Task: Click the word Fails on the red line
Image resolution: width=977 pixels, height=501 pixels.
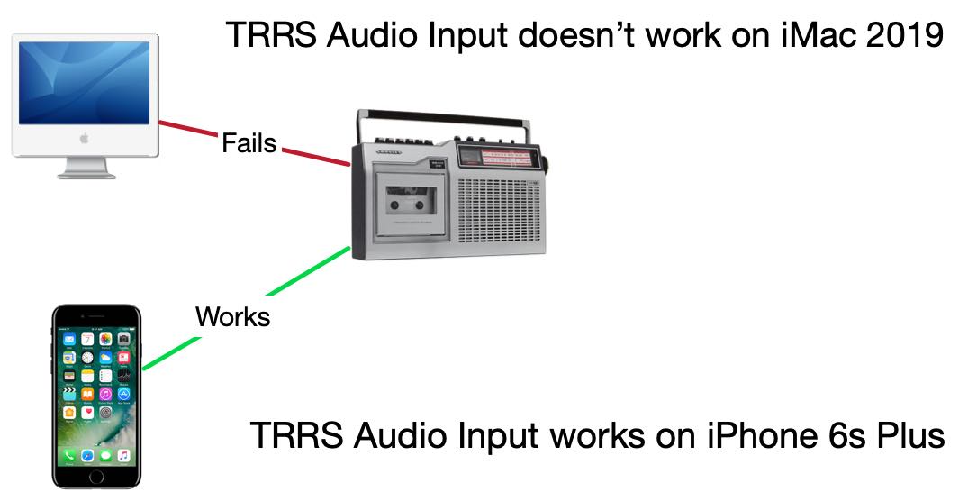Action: pyautogui.click(x=249, y=142)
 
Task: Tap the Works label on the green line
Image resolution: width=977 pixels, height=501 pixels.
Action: pyautogui.click(x=232, y=316)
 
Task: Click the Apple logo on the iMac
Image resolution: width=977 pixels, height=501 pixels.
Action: pyautogui.click(x=84, y=138)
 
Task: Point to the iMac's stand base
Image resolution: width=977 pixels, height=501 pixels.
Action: pyautogui.click(x=86, y=175)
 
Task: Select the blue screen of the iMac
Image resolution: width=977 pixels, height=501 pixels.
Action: pyautogui.click(x=84, y=83)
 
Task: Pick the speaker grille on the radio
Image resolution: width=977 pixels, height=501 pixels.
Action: pyautogui.click(x=499, y=212)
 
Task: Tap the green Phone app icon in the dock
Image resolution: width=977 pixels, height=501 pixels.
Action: pyautogui.click(x=69, y=456)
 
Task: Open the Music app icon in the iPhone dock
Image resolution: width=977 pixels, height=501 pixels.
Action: pyautogui.click(x=123, y=456)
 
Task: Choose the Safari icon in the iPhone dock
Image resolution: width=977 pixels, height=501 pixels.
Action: pyautogui.click(x=87, y=456)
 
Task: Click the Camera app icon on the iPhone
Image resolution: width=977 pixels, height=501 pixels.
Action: pyautogui.click(x=123, y=339)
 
